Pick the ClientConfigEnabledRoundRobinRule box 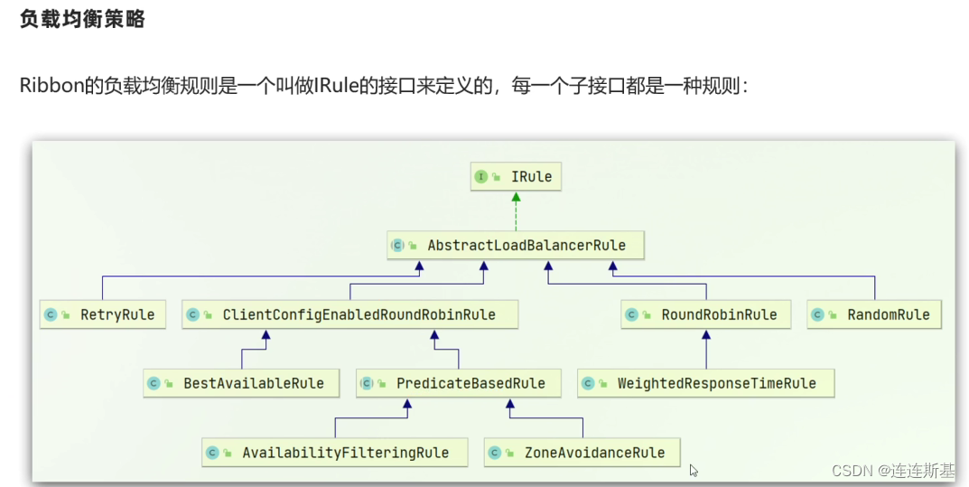point(350,315)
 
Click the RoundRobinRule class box point(706,315)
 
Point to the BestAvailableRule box point(240,383)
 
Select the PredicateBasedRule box point(458,383)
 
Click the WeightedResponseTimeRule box point(704,383)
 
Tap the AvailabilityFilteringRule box point(334,453)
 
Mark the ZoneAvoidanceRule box point(582,453)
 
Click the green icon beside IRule point(481,177)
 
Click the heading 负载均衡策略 point(82,20)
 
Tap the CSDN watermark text point(892,471)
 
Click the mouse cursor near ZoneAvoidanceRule point(694,470)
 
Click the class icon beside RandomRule point(818,315)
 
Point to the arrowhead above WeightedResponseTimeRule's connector point(706,334)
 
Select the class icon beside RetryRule point(51,315)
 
